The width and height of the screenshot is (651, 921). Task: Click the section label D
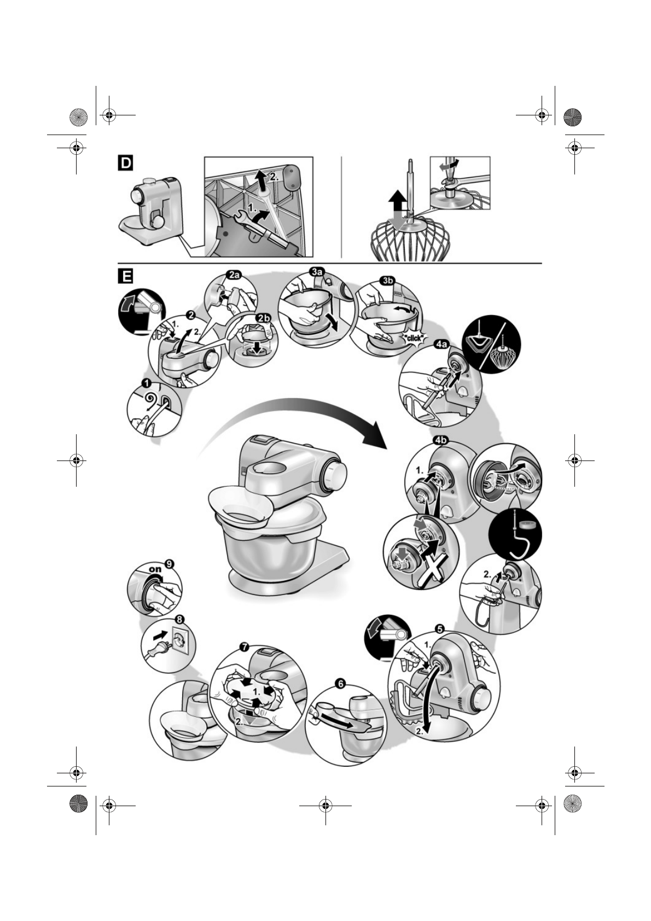[x=126, y=163]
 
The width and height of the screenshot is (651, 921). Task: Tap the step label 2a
[x=234, y=276]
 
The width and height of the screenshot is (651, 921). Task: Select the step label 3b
[x=387, y=281]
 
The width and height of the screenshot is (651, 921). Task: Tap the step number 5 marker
[x=440, y=628]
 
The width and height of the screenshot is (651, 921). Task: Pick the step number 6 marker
[x=340, y=683]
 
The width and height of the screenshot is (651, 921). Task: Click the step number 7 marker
[x=245, y=646]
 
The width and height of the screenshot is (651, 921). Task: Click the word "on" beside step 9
[x=156, y=569]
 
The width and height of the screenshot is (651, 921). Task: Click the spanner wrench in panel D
[x=242, y=218]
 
